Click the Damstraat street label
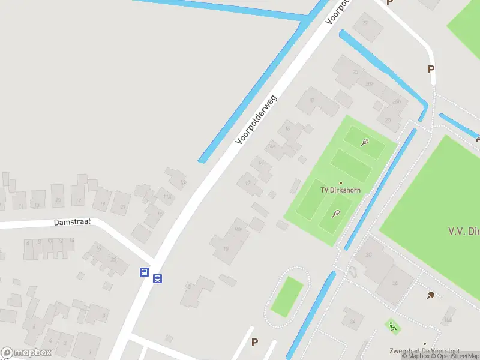[x=72, y=222]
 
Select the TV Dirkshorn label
[x=340, y=190]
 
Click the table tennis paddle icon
[x=430, y=295]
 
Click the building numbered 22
[x=364, y=24]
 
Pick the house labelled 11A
[x=167, y=196]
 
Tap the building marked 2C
[x=370, y=255]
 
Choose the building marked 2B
[x=395, y=283]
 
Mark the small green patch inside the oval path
[x=287, y=296]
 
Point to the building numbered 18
[x=311, y=101]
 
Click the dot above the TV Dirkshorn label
[x=341, y=183]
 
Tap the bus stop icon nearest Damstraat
[x=144, y=272]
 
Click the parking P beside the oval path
[x=254, y=342]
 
